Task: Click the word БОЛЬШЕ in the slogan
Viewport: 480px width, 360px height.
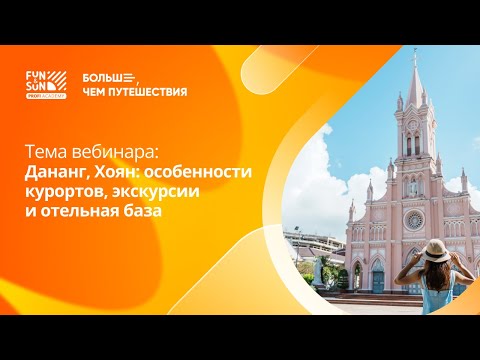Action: (x=105, y=76)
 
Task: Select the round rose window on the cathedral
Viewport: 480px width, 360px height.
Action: (x=412, y=218)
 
